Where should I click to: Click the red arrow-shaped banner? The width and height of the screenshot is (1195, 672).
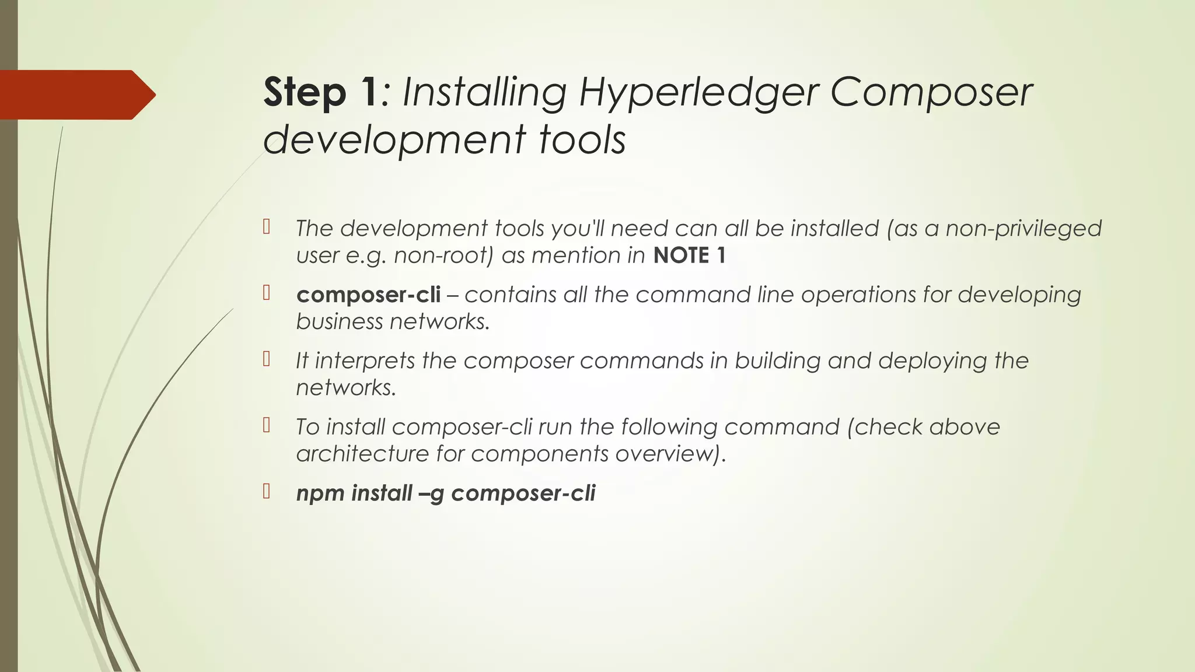click(x=76, y=94)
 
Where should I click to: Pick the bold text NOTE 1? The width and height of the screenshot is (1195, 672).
click(x=689, y=256)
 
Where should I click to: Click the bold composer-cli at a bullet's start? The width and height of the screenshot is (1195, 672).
click(x=368, y=295)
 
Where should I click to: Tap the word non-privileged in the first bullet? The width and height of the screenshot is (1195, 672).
click(x=1023, y=228)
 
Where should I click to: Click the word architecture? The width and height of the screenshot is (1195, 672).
click(x=362, y=454)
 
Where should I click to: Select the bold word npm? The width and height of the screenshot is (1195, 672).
click(x=321, y=494)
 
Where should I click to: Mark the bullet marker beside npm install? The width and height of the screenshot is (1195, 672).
click(x=267, y=492)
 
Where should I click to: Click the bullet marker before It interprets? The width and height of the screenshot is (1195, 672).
click(x=267, y=359)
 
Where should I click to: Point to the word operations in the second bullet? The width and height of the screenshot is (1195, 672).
click(x=858, y=295)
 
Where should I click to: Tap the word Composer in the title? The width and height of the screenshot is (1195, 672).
click(x=930, y=93)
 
